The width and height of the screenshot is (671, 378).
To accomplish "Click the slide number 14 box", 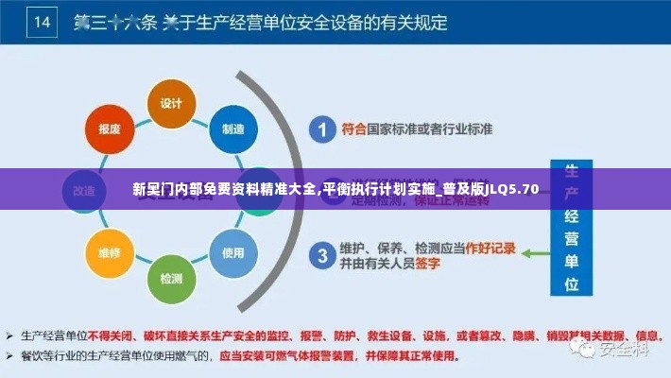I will (43, 22).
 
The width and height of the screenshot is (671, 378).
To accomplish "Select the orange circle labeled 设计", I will (171, 102).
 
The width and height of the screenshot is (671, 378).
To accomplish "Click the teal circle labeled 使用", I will (232, 252).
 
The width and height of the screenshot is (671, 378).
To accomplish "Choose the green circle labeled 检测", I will (171, 278).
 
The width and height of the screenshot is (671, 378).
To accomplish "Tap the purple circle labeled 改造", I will (83, 190).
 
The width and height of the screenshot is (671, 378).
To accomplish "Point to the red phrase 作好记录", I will (490, 248).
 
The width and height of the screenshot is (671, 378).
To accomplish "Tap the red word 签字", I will (427, 263).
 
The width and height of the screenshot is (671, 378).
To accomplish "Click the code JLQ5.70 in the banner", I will (514, 189).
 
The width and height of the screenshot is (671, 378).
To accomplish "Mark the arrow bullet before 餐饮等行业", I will (9, 356).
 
